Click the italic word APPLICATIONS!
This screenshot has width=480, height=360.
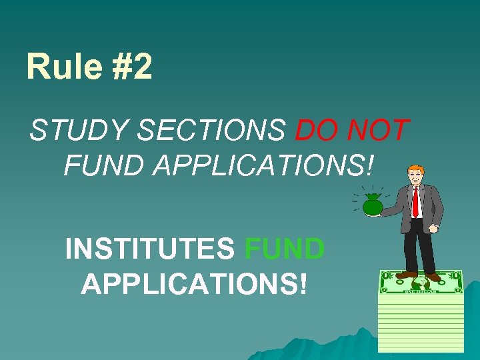(x=263, y=166)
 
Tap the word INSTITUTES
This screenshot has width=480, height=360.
(x=150, y=250)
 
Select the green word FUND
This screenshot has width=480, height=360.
(x=285, y=250)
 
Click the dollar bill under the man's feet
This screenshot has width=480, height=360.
(x=420, y=282)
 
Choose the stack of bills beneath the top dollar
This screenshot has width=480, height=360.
(x=420, y=323)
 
